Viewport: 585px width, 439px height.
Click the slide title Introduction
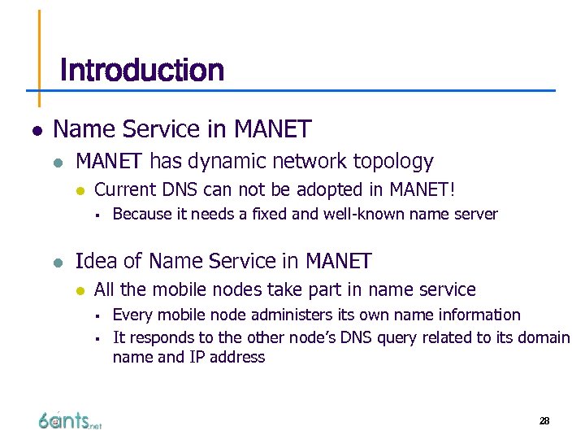(x=142, y=71)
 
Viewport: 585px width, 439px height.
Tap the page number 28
(x=544, y=421)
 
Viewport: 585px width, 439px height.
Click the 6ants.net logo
(x=69, y=420)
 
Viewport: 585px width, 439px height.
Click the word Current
(x=125, y=190)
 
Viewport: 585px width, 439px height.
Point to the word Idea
(x=93, y=261)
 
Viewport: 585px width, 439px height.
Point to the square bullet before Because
(x=96, y=215)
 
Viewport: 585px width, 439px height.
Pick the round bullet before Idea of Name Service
(x=58, y=262)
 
